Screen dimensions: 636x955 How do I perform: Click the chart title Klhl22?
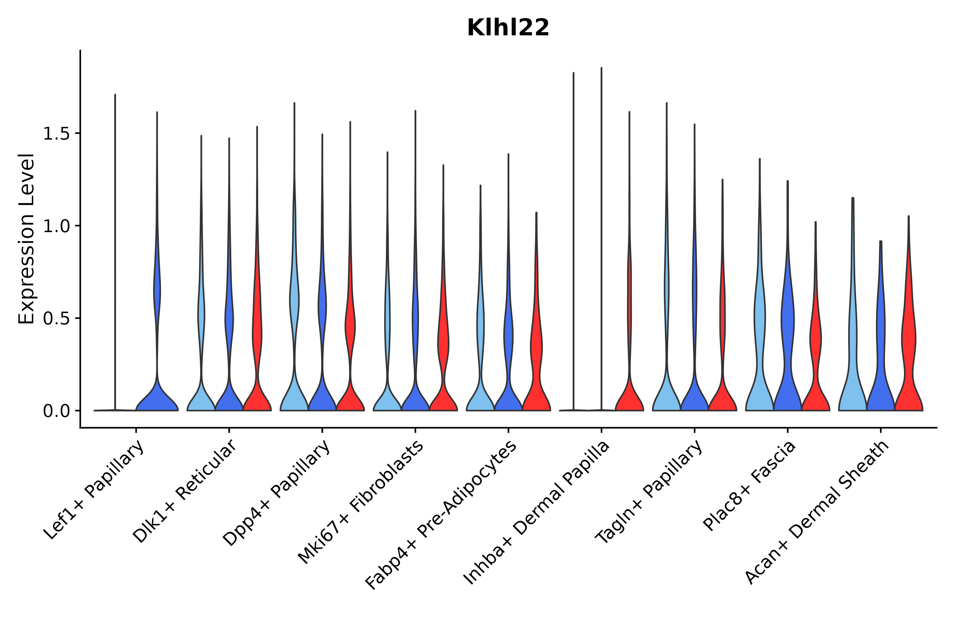[x=508, y=28]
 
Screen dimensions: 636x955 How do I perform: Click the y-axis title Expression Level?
[x=27, y=239]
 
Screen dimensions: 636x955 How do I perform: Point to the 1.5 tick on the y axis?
[x=56, y=134]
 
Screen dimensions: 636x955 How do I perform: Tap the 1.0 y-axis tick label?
[x=56, y=226]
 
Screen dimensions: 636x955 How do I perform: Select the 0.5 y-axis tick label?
[x=56, y=319]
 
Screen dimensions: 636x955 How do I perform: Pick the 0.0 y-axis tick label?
[x=56, y=411]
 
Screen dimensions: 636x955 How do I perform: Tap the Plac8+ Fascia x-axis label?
[x=749, y=486]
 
